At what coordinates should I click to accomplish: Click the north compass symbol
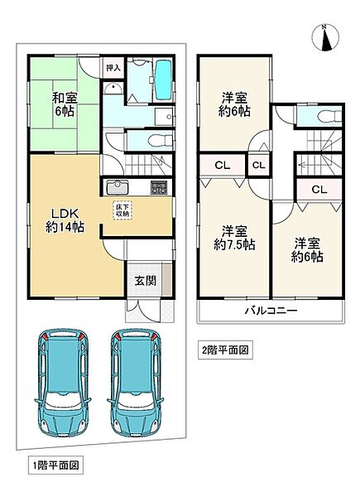(325, 38)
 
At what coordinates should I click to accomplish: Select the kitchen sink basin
(117, 186)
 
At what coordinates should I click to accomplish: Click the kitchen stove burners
(159, 187)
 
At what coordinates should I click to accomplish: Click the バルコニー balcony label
(271, 311)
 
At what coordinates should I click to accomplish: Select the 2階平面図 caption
(223, 350)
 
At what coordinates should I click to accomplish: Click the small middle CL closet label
(258, 165)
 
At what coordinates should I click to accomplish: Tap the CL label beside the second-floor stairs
(319, 189)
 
